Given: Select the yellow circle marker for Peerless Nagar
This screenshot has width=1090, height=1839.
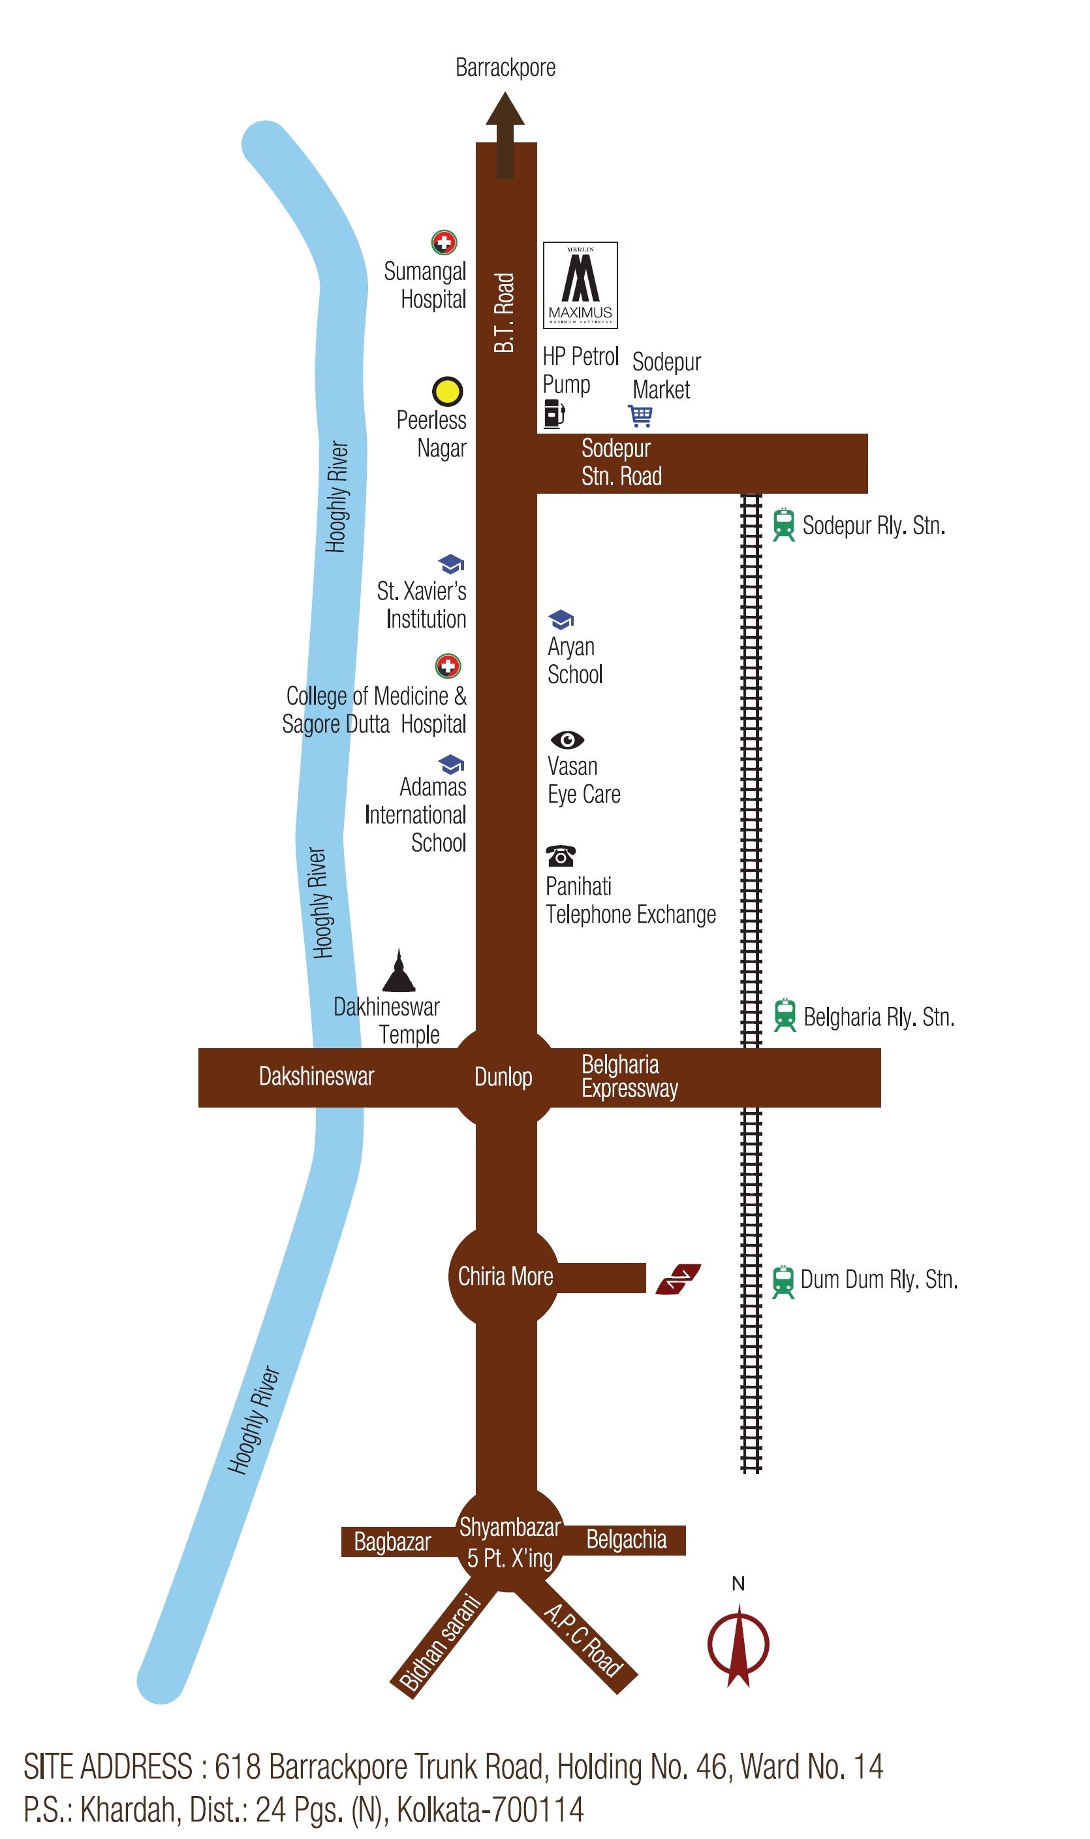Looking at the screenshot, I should click(447, 391).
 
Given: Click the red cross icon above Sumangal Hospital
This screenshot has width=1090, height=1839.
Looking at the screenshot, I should click(444, 242).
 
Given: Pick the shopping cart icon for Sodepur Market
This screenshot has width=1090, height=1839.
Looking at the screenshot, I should click(640, 415).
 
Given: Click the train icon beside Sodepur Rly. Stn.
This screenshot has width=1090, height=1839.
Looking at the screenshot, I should click(784, 524).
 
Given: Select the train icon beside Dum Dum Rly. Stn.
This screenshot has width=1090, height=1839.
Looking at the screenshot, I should click(783, 1281).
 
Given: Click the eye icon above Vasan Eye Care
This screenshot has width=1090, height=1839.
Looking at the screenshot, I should click(567, 739).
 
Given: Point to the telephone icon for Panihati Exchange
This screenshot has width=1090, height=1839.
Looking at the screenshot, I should click(561, 856).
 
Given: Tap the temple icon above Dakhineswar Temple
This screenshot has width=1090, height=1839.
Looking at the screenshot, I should click(399, 970).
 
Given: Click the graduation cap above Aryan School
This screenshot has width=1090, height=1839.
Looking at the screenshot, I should click(561, 619).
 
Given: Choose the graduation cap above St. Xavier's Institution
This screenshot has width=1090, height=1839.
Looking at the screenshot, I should click(451, 564).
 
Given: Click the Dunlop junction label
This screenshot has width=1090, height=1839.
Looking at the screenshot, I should click(503, 1077).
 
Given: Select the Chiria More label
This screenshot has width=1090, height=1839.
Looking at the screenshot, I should click(505, 1276).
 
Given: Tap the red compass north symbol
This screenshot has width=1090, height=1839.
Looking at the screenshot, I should click(738, 1644).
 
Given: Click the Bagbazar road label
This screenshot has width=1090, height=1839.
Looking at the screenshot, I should click(392, 1541).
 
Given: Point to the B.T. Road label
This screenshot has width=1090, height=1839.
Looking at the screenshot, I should click(505, 312).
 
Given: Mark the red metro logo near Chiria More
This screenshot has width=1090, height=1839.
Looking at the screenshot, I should click(678, 1279).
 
